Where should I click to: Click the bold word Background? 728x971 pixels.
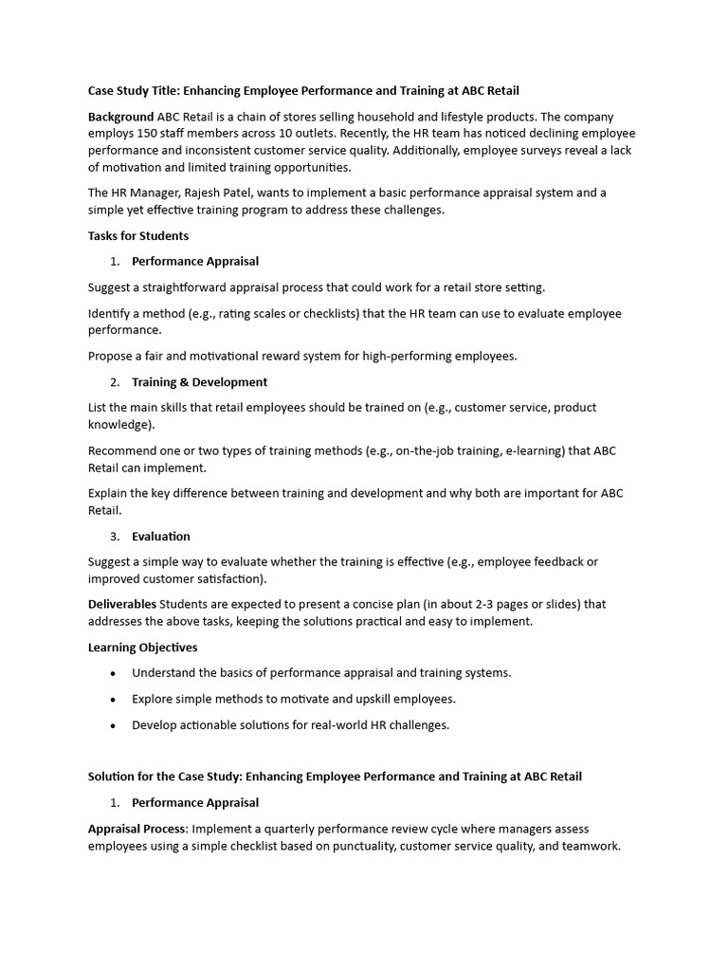pyautogui.click(x=120, y=117)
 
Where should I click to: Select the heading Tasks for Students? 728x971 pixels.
pyautogui.click(x=138, y=236)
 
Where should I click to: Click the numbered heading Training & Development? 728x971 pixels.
pyautogui.click(x=199, y=382)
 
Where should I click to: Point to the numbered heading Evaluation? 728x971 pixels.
pyautogui.click(x=161, y=537)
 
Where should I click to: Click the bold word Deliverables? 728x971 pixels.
pyautogui.click(x=122, y=604)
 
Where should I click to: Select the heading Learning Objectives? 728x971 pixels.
pyautogui.click(x=142, y=648)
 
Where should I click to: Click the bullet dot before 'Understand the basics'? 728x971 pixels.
pyautogui.click(x=114, y=673)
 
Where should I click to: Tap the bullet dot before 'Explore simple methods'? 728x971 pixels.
pyautogui.click(x=114, y=699)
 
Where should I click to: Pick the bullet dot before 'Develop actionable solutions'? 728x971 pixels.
pyautogui.click(x=114, y=725)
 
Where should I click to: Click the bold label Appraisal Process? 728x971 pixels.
pyautogui.click(x=137, y=829)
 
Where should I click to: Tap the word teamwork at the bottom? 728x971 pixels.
pyautogui.click(x=591, y=847)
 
